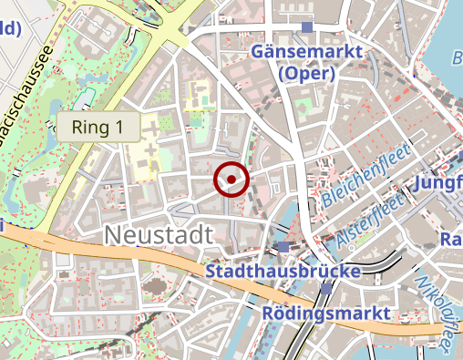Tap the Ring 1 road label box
(x=98, y=128)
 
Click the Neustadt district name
(x=159, y=234)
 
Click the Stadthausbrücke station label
(x=283, y=272)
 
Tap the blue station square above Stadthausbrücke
(x=284, y=247)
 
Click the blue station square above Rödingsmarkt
(x=326, y=290)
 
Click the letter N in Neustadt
(x=112, y=234)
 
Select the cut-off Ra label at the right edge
(x=450, y=241)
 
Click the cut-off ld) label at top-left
(x=9, y=28)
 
